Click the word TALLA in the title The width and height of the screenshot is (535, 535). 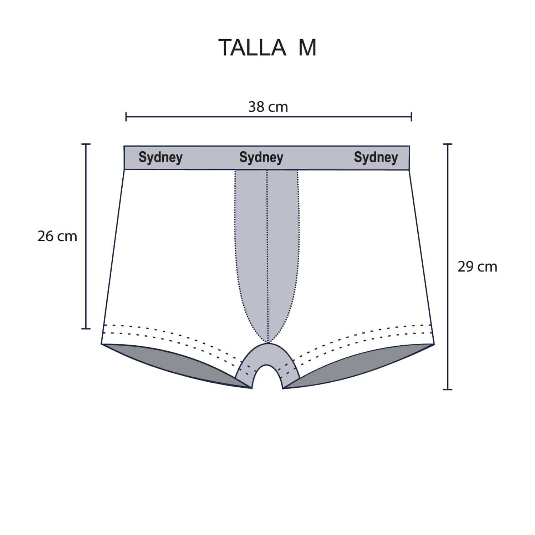pos(252,47)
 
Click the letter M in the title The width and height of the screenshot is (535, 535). pos(307,47)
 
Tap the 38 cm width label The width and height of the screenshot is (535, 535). pos(268,107)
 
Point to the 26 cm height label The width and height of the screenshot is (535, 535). pos(57,236)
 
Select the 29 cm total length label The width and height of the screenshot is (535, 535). pos(477,267)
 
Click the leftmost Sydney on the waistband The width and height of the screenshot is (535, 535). pos(160,157)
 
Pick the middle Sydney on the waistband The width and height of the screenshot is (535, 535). pos(261,157)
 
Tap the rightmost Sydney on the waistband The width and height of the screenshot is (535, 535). pos(376,157)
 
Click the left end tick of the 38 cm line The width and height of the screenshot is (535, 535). pos(126,116)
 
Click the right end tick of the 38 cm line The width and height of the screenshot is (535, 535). pos(412,116)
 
